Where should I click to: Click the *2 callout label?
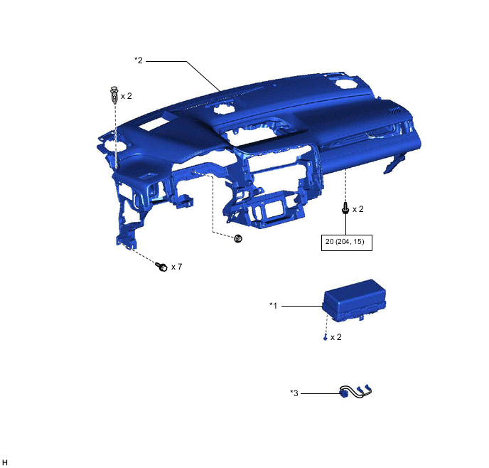click(139, 60)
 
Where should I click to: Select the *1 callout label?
click(273, 305)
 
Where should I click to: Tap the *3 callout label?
click(294, 393)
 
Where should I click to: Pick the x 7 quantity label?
click(176, 267)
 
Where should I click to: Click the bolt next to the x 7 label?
click(161, 267)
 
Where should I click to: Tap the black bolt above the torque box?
click(345, 208)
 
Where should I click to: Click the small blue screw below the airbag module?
click(325, 337)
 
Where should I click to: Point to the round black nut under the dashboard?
click(238, 238)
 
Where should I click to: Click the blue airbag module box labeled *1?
click(354, 300)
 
